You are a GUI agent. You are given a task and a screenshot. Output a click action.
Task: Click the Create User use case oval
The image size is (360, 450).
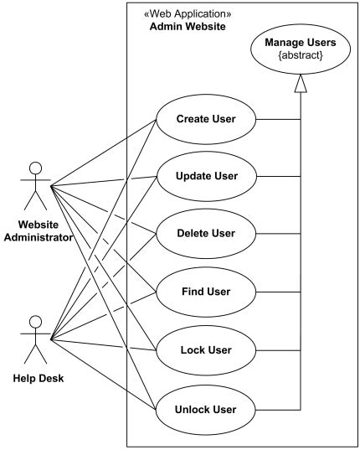click(204, 119)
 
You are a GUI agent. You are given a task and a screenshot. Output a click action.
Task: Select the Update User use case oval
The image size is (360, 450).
click(204, 176)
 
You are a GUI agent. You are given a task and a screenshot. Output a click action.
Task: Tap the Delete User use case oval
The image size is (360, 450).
click(204, 233)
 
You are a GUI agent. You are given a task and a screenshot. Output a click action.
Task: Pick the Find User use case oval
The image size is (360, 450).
click(204, 292)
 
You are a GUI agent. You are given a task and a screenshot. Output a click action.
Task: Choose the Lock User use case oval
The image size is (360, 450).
click(204, 349)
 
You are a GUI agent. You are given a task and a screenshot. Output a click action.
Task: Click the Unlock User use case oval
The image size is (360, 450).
click(204, 410)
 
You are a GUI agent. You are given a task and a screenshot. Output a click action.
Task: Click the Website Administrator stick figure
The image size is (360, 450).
click(35, 184)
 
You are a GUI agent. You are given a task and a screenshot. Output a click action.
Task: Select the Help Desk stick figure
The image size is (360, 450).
click(35, 339)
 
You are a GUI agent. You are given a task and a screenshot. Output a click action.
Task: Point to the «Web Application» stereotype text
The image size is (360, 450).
click(188, 14)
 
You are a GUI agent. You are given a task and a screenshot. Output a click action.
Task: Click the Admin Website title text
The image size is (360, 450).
click(188, 28)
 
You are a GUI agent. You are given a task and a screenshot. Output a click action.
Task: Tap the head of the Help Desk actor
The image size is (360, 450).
click(35, 322)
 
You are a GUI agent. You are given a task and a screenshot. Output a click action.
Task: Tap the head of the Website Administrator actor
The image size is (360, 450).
click(35, 167)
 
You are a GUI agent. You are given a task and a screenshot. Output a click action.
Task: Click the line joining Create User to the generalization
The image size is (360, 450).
click(278, 119)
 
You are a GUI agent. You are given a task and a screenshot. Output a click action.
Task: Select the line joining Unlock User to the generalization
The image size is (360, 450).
click(278, 410)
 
